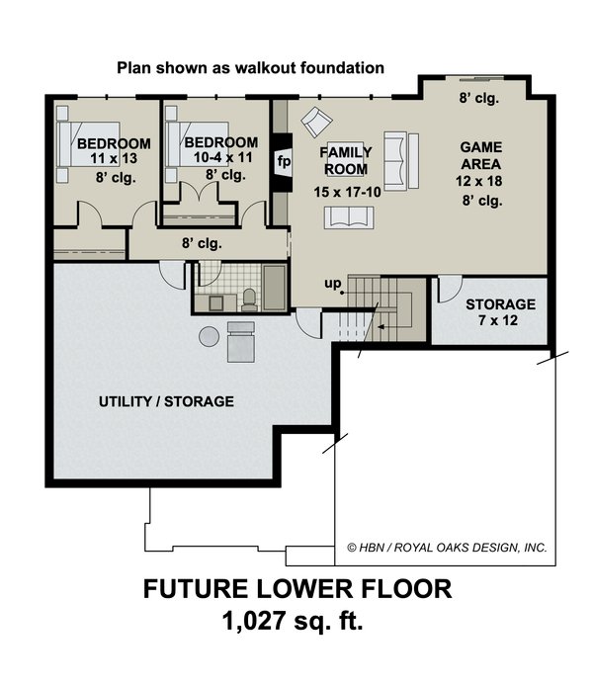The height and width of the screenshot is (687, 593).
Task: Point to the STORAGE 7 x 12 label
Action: pos(500,312)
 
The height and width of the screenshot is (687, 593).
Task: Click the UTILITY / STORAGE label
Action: pos(166,402)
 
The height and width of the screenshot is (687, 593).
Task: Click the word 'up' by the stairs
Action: pos(331,286)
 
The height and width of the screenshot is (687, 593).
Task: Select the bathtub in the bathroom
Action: pos(272,287)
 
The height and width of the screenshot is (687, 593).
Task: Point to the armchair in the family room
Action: pos(316,123)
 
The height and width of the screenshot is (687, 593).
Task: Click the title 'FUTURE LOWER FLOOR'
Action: pos(297,591)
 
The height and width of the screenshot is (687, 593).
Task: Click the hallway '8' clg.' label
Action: pos(201,243)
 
